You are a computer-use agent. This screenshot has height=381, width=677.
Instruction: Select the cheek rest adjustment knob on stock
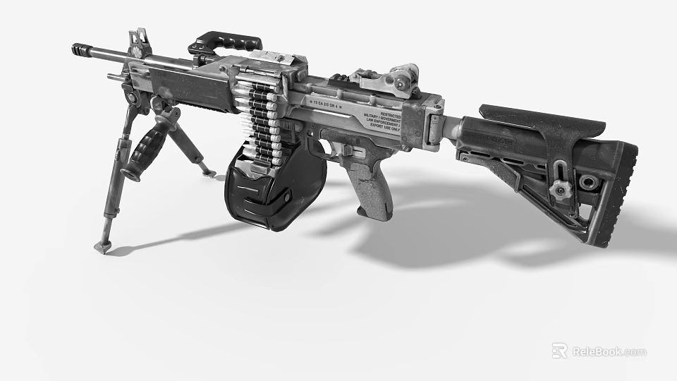tap(560, 188)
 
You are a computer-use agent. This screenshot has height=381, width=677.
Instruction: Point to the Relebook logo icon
tap(559, 351)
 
